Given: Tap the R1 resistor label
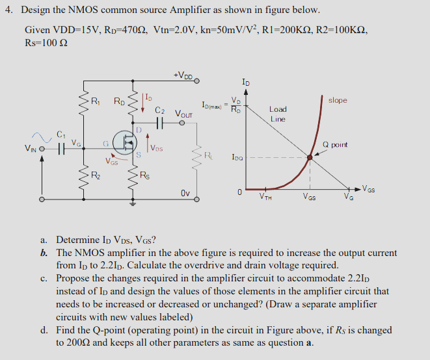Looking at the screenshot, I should click(x=95, y=101).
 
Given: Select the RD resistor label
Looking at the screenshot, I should click(x=120, y=101).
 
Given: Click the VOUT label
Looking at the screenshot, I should click(x=184, y=111).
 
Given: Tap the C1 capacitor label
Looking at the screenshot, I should click(x=61, y=135).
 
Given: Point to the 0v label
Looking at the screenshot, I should click(x=185, y=194).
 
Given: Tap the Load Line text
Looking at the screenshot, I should click(x=278, y=114).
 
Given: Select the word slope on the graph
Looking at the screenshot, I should click(x=338, y=100).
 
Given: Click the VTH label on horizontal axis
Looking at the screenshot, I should click(x=265, y=197).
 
